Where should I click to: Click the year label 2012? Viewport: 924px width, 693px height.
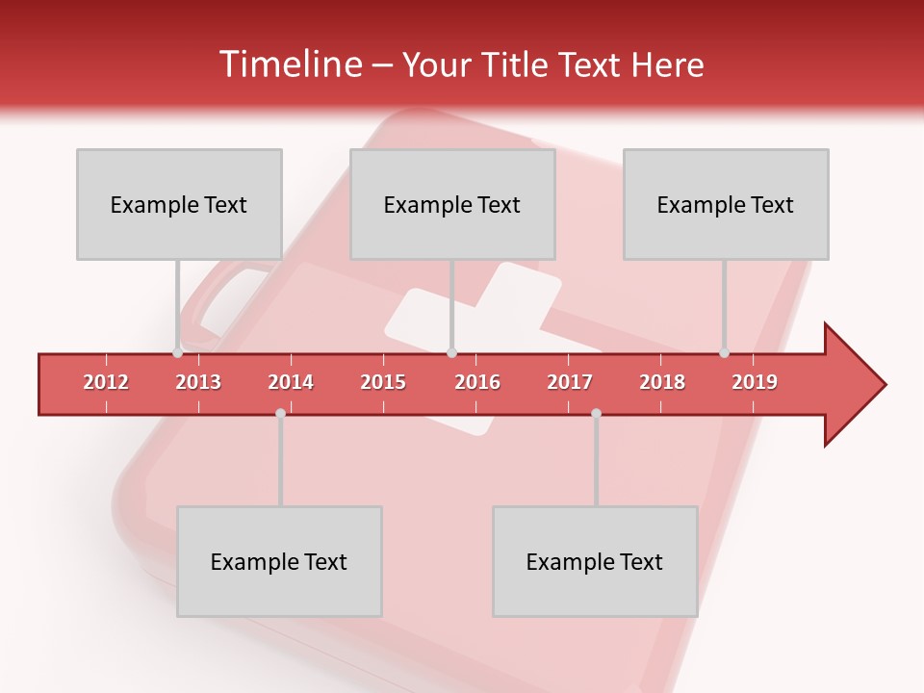(106, 382)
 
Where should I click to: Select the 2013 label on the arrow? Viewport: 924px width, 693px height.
(198, 382)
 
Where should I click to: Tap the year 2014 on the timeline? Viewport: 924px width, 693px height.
(291, 382)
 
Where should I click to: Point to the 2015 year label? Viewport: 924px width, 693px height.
(383, 382)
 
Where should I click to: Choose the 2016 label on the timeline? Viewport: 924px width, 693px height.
(477, 382)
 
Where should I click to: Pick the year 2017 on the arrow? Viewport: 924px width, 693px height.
(570, 382)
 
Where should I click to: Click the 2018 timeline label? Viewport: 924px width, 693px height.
(662, 382)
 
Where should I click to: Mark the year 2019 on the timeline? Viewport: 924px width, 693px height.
(755, 382)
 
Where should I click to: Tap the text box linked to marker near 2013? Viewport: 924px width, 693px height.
(179, 204)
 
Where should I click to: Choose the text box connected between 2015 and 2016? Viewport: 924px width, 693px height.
(452, 204)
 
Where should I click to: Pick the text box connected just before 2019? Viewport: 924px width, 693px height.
(726, 204)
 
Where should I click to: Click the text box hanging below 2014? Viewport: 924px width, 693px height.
(279, 561)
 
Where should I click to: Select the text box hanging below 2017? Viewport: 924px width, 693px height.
(595, 561)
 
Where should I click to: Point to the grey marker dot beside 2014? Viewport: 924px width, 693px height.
(280, 413)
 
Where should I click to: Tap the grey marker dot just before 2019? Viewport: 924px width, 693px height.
(724, 353)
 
